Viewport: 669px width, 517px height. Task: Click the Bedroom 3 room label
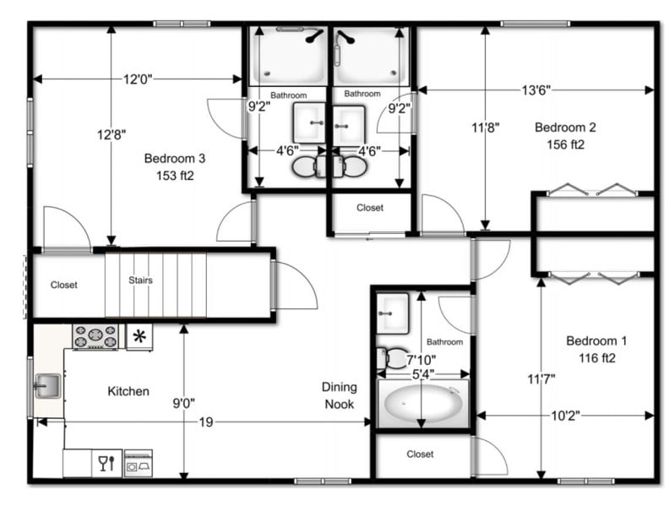point(174,158)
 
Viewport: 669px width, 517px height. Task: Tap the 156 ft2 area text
point(566,144)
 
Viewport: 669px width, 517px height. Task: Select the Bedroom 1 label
point(596,341)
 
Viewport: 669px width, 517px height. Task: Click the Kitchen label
point(128,391)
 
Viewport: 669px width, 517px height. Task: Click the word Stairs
point(140,280)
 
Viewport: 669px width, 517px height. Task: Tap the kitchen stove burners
point(95,337)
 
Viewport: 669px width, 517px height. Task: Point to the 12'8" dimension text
point(110,134)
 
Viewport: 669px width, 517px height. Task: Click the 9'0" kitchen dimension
point(182,403)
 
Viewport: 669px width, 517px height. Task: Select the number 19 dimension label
point(205,422)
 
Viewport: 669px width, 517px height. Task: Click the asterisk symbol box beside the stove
point(139,337)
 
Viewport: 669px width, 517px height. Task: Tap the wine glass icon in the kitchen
point(106,463)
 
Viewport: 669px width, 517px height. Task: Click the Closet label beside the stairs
point(63,285)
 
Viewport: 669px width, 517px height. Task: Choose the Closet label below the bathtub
point(420,454)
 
